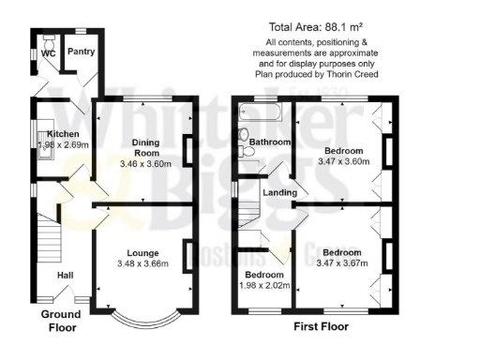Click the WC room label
[47, 53]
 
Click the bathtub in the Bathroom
[263, 112]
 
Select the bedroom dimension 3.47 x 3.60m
[343, 161]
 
